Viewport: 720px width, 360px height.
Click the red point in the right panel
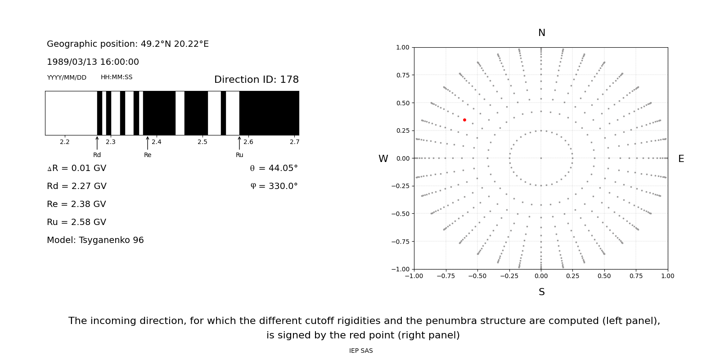[x=464, y=120]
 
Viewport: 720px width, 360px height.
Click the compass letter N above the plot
[x=541, y=33]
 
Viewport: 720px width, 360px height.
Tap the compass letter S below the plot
[x=541, y=292]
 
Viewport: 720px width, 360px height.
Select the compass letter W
[x=383, y=159]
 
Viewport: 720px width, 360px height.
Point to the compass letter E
[x=681, y=159]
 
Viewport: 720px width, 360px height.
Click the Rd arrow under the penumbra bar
[x=97, y=143]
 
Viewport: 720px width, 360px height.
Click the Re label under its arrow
[x=148, y=155]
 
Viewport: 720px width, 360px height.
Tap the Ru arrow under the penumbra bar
[x=239, y=143]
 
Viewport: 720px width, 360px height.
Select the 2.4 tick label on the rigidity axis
[x=157, y=142]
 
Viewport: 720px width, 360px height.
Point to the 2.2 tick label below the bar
[x=65, y=142]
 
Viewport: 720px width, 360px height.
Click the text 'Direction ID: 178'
[x=256, y=80]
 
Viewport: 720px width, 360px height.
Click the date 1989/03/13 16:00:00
[x=93, y=62]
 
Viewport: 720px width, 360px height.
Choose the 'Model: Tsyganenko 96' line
[x=95, y=240]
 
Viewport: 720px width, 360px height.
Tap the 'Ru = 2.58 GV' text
[x=76, y=222]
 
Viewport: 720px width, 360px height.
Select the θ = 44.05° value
[x=274, y=168]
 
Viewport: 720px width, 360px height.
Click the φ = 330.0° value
[x=274, y=186]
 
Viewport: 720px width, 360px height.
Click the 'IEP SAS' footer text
[x=361, y=351]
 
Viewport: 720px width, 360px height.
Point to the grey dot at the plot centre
[x=541, y=158]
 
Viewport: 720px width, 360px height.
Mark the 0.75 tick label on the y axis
[x=402, y=75]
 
